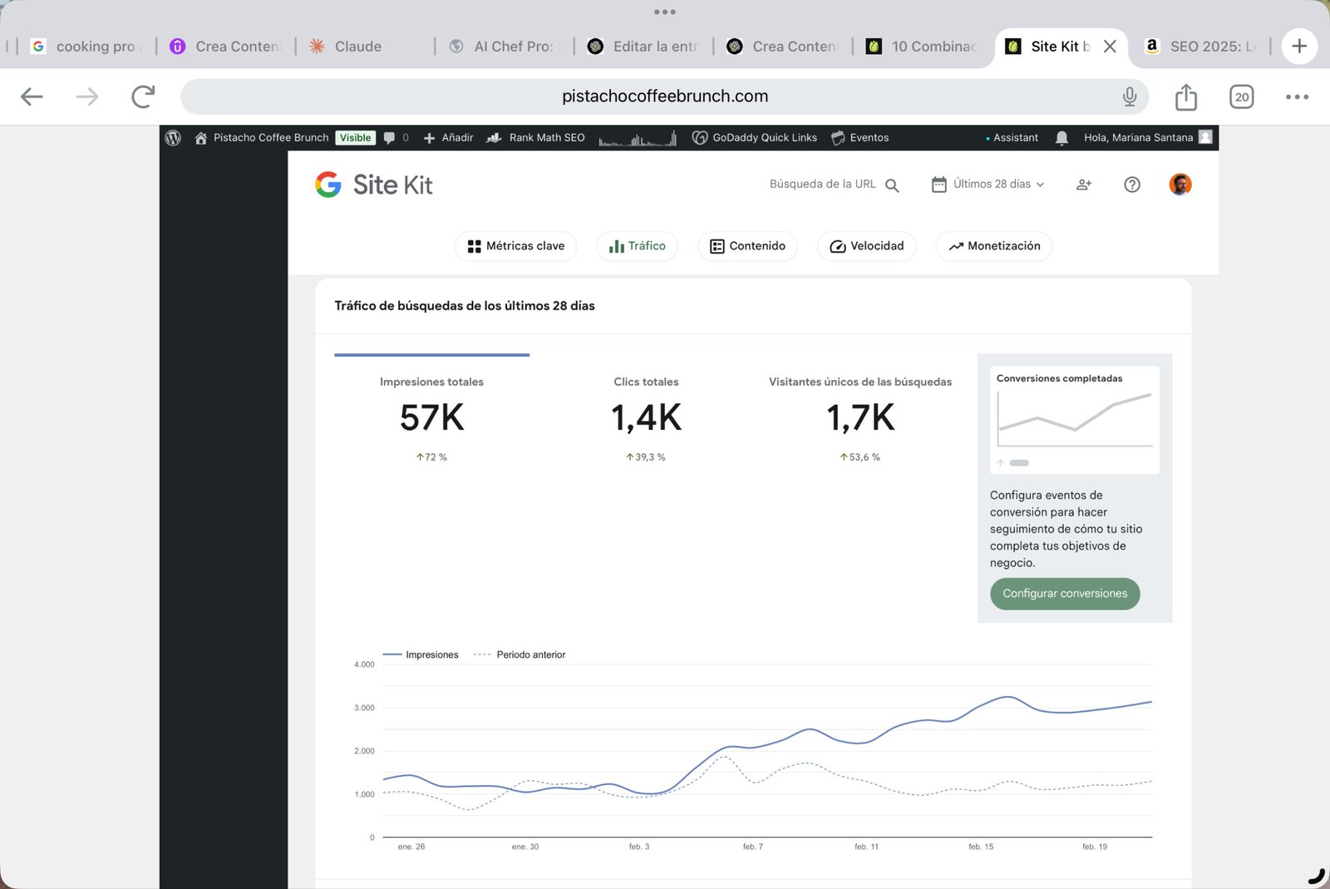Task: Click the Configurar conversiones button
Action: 1065,593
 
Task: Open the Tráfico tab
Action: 637,246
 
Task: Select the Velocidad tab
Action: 866,246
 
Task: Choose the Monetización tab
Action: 994,246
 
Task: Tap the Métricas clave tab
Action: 515,246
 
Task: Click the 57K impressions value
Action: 431,417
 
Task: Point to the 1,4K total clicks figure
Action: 646,417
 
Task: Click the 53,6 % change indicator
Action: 860,457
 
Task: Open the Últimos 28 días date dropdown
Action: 988,184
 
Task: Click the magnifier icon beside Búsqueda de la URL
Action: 892,185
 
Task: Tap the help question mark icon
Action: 1131,185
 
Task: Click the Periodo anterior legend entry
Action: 520,654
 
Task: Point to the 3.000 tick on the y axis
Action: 364,708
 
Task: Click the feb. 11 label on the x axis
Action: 866,847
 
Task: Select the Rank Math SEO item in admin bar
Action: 535,138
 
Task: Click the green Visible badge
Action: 355,138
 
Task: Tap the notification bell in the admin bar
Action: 1061,138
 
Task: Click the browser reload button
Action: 143,96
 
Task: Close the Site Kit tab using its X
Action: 1110,47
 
